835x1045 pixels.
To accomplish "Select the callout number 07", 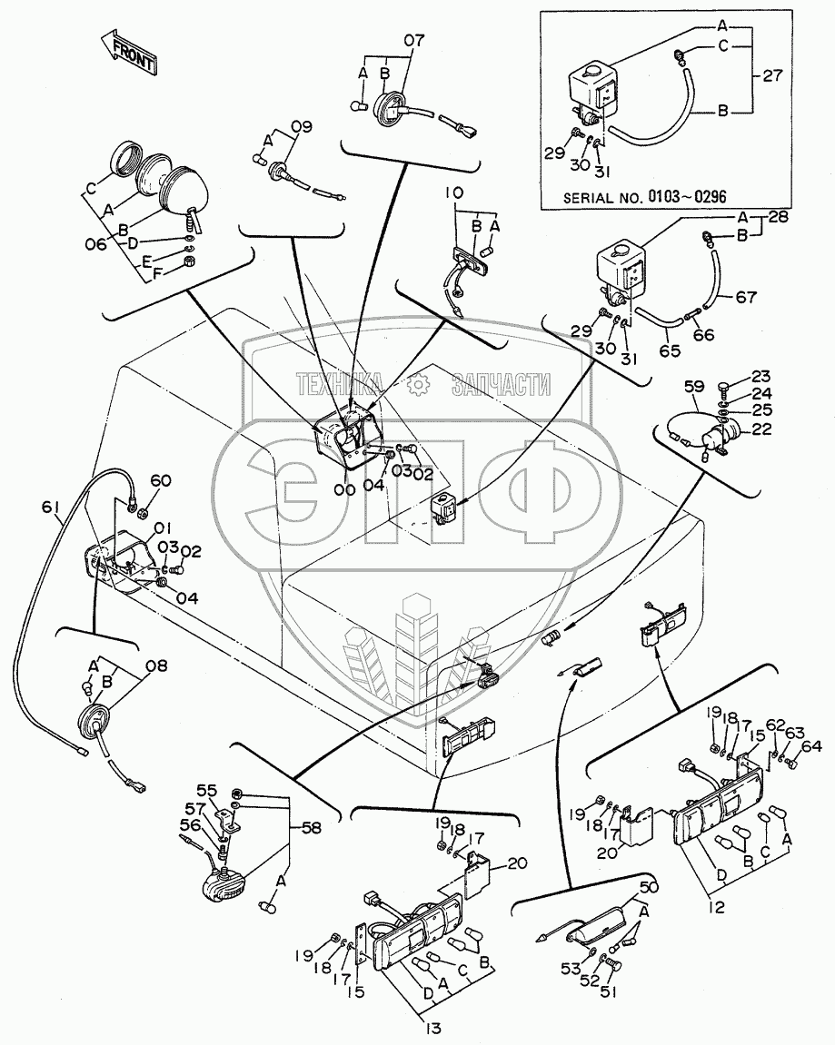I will pos(413,40).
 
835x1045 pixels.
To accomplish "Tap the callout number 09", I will pos(301,126).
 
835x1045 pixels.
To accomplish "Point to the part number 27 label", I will pos(772,76).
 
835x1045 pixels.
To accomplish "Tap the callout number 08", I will pos(156,666).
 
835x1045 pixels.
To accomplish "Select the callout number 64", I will pos(812,746).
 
